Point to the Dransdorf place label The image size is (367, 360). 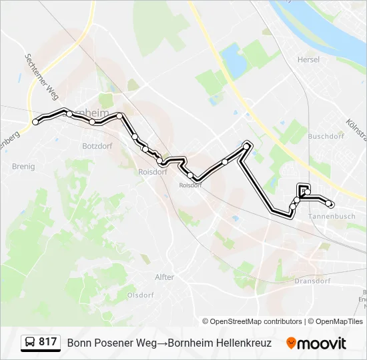tap(312, 281)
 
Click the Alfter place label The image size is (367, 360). tap(164, 277)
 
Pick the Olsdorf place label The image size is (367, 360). tap(141, 295)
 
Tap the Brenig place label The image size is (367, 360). tap(23, 167)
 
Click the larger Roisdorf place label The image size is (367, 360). tap(152, 171)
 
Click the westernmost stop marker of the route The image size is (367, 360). tap(35, 122)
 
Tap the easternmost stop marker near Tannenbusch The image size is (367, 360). tap(330, 204)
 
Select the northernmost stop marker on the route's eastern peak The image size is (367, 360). tap(248, 145)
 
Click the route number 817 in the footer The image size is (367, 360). tap(47, 343)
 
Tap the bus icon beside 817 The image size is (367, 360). tap(30, 343)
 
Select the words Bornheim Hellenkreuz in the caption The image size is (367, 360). tap(220, 343)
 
